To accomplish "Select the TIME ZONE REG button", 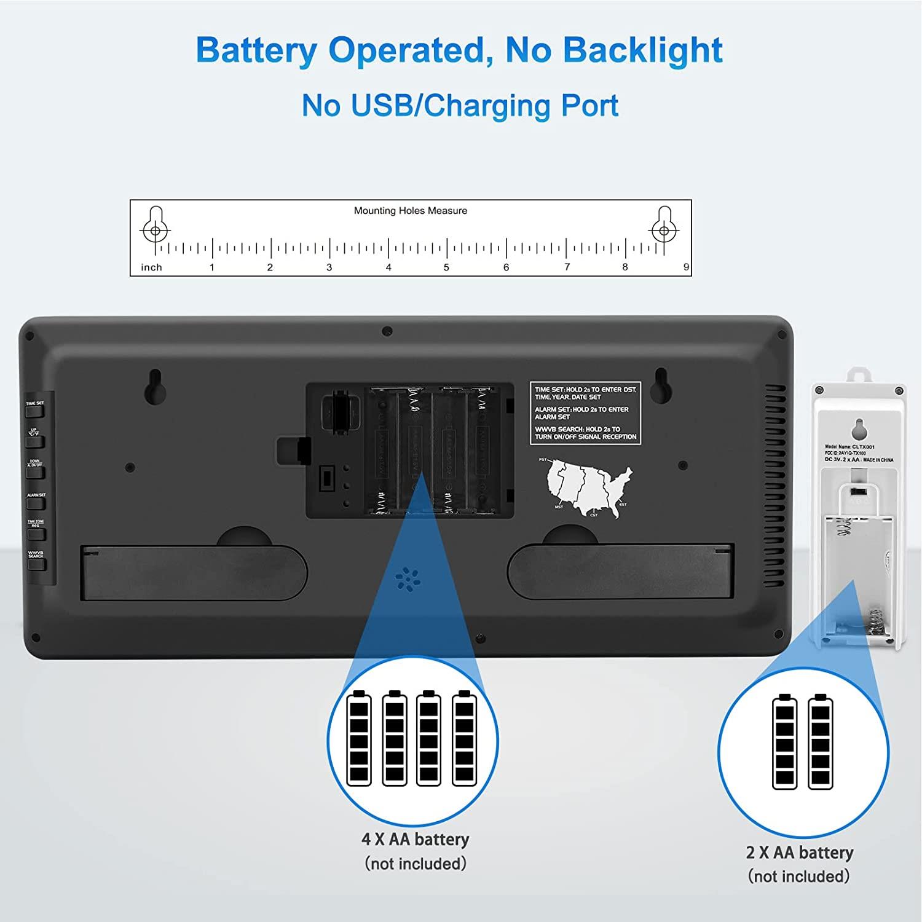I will pyautogui.click(x=36, y=532).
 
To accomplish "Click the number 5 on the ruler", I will pyautogui.click(x=446, y=267).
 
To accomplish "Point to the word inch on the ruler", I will pyautogui.click(x=151, y=267).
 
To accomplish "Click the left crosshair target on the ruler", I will pyautogui.click(x=156, y=231).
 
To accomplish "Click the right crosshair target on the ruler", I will pyautogui.click(x=663, y=231).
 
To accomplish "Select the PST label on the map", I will pyautogui.click(x=543, y=460).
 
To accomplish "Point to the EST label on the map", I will pyautogui.click(x=623, y=505).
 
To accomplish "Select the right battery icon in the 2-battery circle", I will pyautogui.click(x=821, y=742).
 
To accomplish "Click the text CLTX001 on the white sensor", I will pyautogui.click(x=864, y=447).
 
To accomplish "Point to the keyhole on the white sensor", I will pyautogui.click(x=858, y=428).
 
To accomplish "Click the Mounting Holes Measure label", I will pyautogui.click(x=411, y=211).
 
